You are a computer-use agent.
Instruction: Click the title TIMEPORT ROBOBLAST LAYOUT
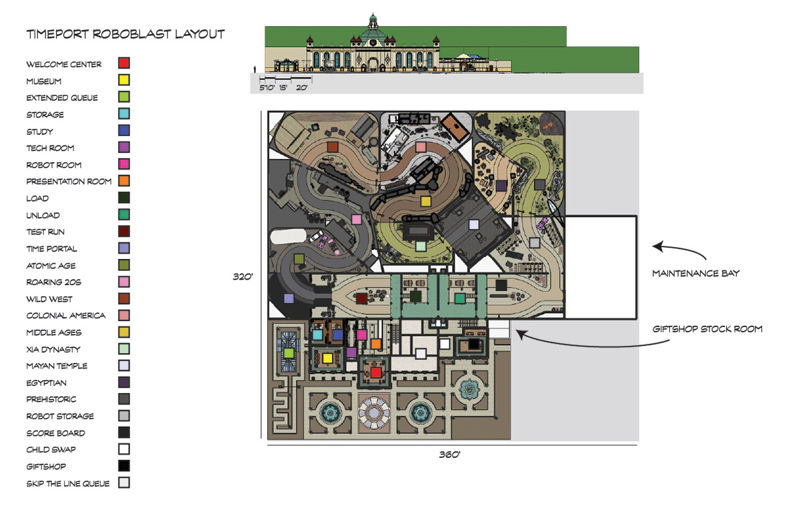pos(125,34)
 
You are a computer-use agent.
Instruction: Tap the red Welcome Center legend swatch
pos(124,63)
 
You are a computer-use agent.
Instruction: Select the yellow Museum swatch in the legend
pos(124,80)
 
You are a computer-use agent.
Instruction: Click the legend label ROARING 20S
pos(53,282)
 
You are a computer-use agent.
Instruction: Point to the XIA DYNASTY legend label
pos(53,349)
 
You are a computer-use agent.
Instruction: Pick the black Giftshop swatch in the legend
pos(124,466)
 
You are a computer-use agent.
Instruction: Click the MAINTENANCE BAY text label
pos(696,274)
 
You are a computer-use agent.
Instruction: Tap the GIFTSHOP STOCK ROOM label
pos(707,329)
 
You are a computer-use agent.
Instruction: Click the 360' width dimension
pos(449,455)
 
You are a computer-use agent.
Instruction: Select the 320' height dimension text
pos(243,276)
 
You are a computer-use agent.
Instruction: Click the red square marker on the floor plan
pos(376,373)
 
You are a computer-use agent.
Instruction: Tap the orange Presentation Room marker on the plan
pos(376,344)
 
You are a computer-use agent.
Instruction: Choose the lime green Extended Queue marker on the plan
pos(289,354)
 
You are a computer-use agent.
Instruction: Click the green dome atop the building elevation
pos(373,35)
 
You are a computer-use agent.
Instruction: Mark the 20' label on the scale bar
pos(301,87)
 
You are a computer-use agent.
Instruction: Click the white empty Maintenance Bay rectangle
pos(601,267)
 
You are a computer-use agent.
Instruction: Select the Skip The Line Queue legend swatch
pos(124,483)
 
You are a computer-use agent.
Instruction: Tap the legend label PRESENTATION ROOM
pos(69,182)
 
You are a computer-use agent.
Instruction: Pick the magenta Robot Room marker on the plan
pos(362,334)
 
